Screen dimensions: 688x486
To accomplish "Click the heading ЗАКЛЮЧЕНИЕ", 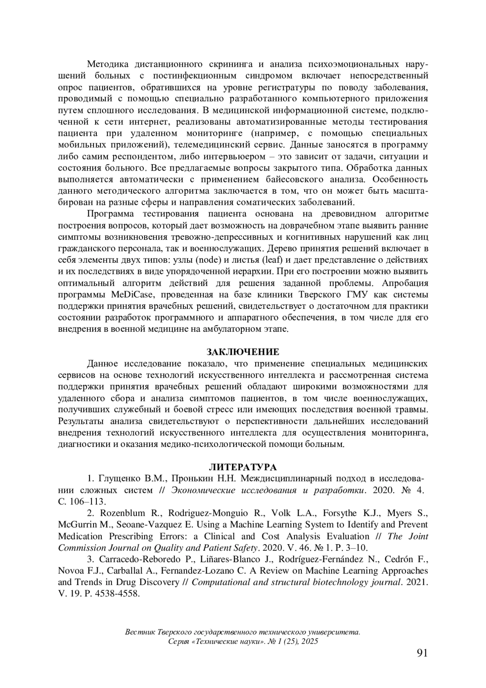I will click(243, 351).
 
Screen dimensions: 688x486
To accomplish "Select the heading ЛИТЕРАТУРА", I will click(243, 466).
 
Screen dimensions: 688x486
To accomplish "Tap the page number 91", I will click(422, 653).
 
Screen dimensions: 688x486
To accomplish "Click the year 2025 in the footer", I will click(309, 641).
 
